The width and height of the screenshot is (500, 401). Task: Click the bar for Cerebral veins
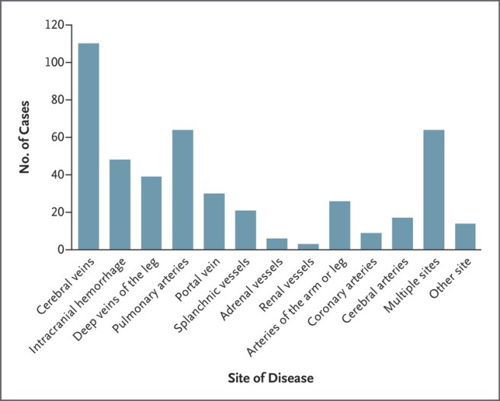(x=88, y=146)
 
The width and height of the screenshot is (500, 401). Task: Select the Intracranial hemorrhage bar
(x=120, y=204)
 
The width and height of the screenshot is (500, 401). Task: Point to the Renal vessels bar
(x=308, y=247)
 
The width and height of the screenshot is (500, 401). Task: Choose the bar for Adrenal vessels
(x=277, y=243)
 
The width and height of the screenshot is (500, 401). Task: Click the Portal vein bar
(x=214, y=221)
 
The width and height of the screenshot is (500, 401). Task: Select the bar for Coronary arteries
(x=371, y=241)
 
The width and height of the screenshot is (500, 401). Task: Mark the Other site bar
(x=465, y=237)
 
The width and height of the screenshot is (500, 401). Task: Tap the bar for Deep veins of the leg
(x=151, y=212)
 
